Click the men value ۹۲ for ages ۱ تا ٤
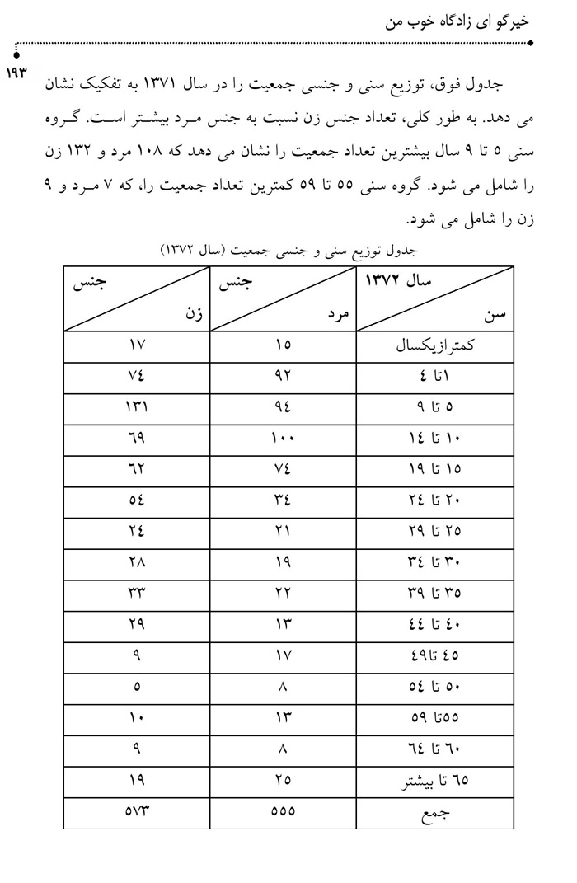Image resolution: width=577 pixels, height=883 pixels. pos(283,377)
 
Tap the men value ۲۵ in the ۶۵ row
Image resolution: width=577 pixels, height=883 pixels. pos(283,779)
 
